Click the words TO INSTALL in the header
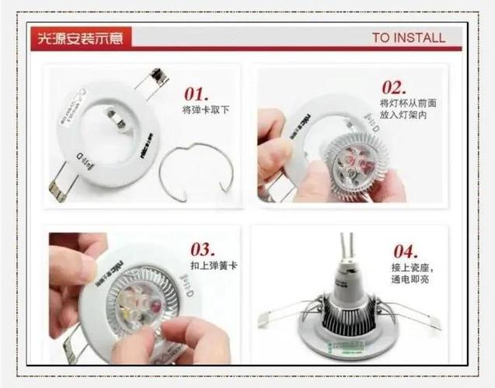(408, 37)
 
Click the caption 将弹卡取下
(205, 110)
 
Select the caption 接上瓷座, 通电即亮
(411, 273)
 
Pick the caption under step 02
(403, 109)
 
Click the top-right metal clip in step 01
(156, 78)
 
